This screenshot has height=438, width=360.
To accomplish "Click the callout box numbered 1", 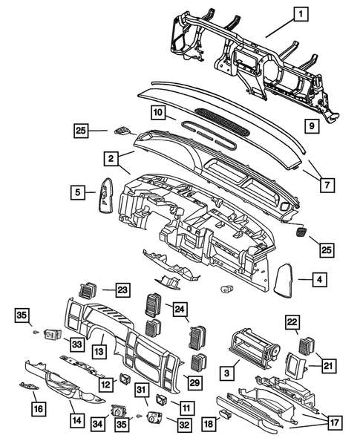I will [x=301, y=13].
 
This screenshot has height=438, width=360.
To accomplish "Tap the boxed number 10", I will [x=157, y=113].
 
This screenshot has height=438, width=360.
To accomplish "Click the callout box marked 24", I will [x=180, y=307].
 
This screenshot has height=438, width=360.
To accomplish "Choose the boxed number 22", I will [x=293, y=321].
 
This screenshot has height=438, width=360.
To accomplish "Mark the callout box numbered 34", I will [x=95, y=423].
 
